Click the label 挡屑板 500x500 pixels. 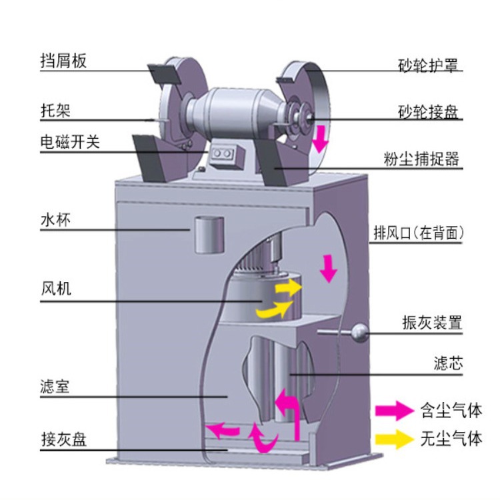pyautogui.click(x=63, y=61)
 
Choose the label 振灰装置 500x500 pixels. pyautogui.click(x=431, y=323)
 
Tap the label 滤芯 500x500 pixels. pyautogui.click(x=447, y=364)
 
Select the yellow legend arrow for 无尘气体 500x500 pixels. pyautogui.click(x=394, y=439)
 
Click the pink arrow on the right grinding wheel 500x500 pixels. pyautogui.click(x=321, y=137)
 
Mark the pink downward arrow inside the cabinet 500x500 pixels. pyautogui.click(x=327, y=267)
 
